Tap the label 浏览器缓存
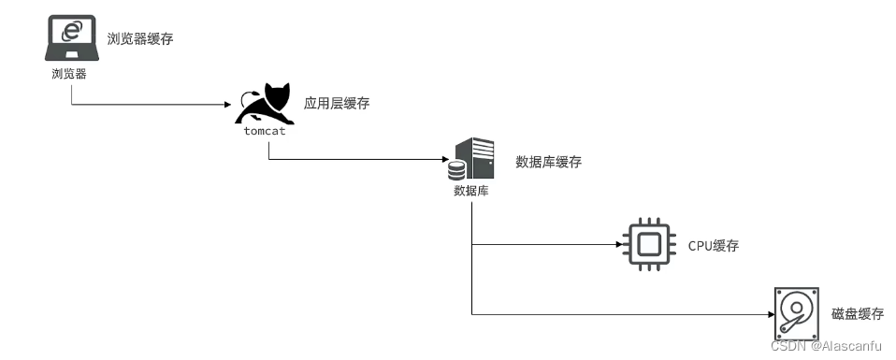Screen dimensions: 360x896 [140, 38]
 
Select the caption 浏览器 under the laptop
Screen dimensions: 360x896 [69, 74]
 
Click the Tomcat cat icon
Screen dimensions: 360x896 [265, 104]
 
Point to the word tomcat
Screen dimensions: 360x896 [265, 131]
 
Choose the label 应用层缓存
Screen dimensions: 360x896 [337, 103]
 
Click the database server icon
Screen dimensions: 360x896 [471, 159]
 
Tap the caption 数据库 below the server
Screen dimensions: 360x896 [470, 191]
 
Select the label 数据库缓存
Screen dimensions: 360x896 [549, 162]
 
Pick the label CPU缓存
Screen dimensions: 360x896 [714, 246]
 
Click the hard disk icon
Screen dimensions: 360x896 [797, 311]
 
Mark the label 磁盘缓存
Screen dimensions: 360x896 [857, 313]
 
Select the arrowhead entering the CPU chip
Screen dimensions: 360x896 [619, 246]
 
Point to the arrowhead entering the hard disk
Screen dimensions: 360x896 [770, 313]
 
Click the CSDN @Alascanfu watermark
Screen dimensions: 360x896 [825, 346]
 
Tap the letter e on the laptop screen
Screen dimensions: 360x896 [70, 31]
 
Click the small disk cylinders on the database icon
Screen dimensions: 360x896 [456, 171]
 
